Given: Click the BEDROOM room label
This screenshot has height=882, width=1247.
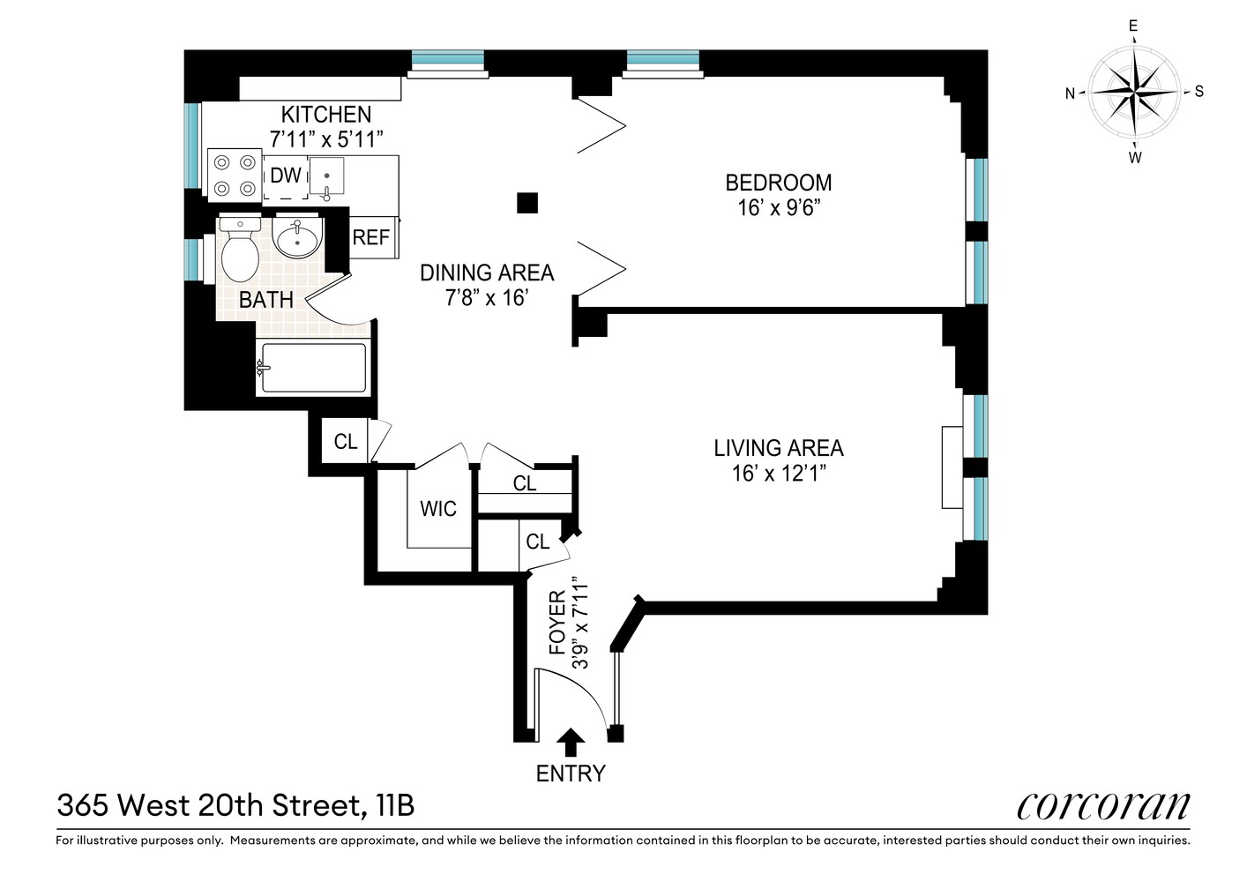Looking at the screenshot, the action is tap(778, 183).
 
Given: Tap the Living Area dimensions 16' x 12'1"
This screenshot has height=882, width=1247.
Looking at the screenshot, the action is tap(778, 474).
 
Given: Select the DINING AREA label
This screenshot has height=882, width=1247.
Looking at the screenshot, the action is tap(487, 273).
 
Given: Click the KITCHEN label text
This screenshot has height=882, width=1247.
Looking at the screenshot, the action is tap(326, 115).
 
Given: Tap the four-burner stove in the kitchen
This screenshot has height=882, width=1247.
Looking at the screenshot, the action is tap(235, 175).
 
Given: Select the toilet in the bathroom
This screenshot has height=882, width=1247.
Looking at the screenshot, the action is tap(240, 249).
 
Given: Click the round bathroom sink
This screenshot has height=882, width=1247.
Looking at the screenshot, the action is tap(298, 236).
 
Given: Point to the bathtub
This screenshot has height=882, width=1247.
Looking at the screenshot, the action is tap(313, 368).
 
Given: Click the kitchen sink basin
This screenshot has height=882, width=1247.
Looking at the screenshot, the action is tap(327, 176).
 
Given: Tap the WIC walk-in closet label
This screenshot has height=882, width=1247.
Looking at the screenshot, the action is tap(438, 509).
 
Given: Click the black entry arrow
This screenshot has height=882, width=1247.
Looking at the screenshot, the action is tap(571, 743).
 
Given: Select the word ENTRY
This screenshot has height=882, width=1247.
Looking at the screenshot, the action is tap(571, 774).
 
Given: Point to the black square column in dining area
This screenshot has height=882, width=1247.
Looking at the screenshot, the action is tap(527, 203).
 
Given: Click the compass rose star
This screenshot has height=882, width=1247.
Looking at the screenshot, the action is tap(1134, 92).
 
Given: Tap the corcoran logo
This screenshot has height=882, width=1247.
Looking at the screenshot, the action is tap(1103, 806).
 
